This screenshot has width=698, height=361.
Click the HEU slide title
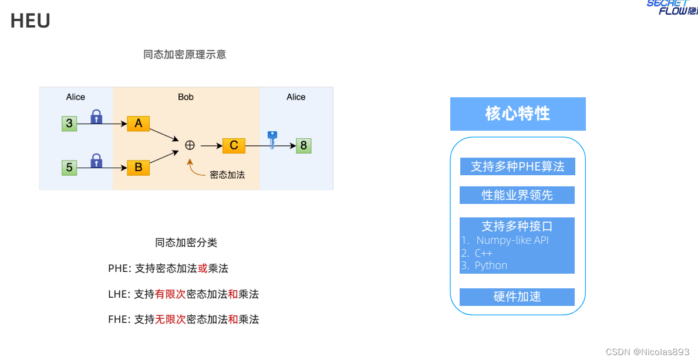[31, 21]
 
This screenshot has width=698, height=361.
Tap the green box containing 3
[69, 123]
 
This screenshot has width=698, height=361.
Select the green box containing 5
[69, 168]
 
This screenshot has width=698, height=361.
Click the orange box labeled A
[139, 123]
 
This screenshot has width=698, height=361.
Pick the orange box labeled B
[139, 167]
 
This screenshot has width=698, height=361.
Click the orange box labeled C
[234, 145]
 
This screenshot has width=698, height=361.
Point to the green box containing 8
[304, 145]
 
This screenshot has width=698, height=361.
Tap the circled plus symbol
[190, 145]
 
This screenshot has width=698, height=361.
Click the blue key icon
[272, 139]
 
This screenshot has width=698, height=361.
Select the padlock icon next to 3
[96, 117]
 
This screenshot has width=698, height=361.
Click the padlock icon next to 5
[96, 160]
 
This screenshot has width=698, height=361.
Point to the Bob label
[186, 97]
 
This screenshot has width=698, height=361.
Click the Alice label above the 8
[296, 97]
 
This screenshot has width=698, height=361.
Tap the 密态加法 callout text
[227, 175]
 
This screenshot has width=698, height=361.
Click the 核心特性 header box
[518, 114]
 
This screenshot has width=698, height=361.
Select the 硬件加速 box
[517, 297]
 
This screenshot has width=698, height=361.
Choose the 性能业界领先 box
[517, 195]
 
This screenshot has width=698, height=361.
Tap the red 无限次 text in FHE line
[170, 319]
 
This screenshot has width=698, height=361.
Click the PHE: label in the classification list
[120, 268]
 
